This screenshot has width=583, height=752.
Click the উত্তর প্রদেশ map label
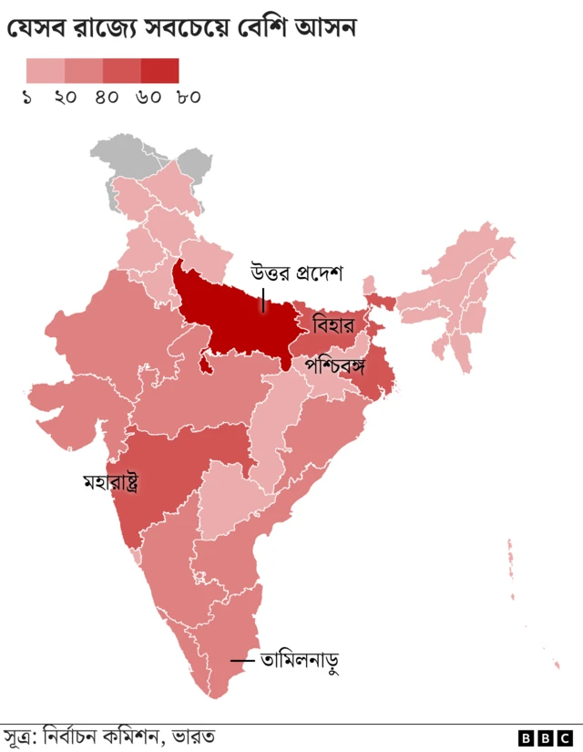point(296,273)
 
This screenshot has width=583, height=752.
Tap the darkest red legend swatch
point(159,70)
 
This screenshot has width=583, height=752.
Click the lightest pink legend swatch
point(45,70)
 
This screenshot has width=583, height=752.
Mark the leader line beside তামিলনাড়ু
point(241,660)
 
